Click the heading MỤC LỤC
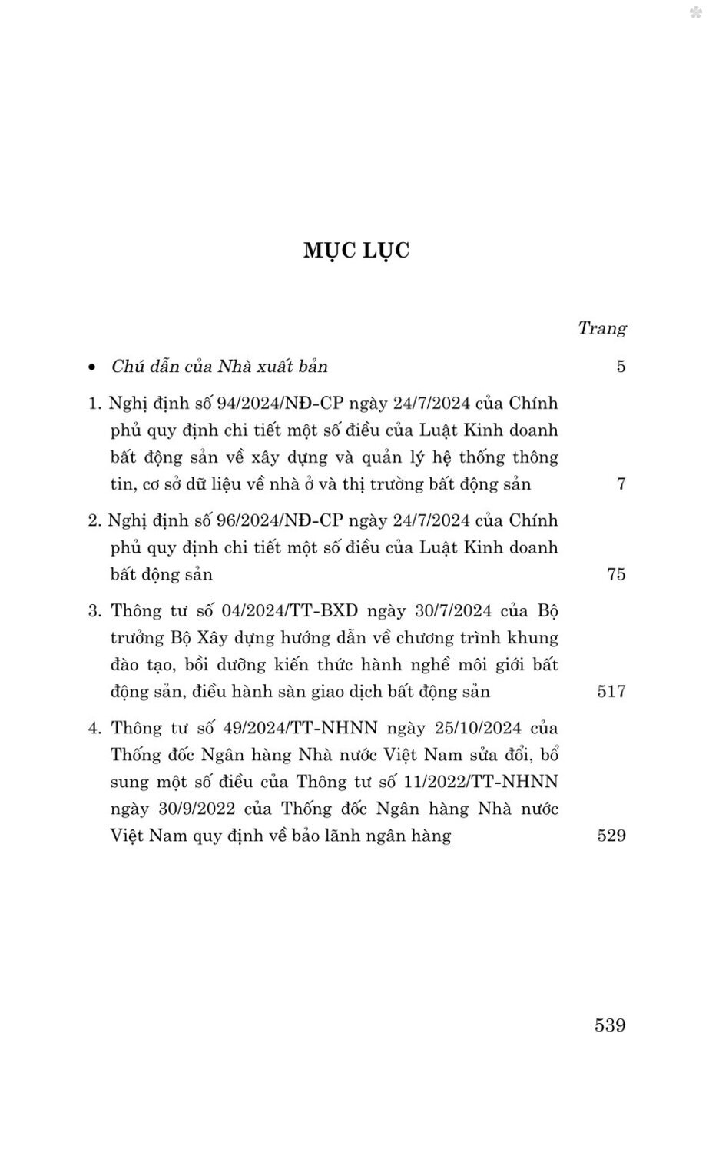[x=356, y=251]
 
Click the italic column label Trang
[x=601, y=328]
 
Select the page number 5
[x=621, y=367]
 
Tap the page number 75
[x=616, y=574]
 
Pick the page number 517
[x=611, y=691]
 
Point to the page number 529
[x=611, y=836]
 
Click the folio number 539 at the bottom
[x=610, y=1025]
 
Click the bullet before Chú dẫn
[x=92, y=367]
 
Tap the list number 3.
[x=94, y=611]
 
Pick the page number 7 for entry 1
[x=621, y=484]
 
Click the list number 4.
[x=94, y=728]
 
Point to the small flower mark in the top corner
[x=696, y=13]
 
